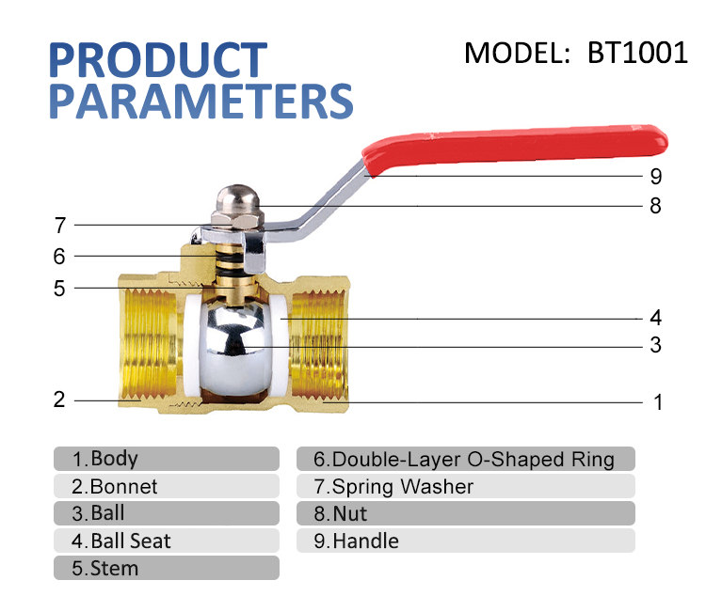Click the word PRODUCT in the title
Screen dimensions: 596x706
[x=157, y=59]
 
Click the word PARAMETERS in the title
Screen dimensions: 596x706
[x=201, y=102]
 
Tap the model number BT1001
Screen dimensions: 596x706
[x=637, y=53]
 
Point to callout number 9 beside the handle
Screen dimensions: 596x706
[x=656, y=177]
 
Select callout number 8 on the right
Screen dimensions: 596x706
[x=656, y=206]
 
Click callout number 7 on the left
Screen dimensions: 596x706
[x=59, y=226]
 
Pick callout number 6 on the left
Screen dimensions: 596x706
[x=59, y=256]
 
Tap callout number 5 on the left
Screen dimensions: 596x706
[x=59, y=289]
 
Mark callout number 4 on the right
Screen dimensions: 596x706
[x=656, y=318]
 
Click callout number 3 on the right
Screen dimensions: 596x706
[x=656, y=346]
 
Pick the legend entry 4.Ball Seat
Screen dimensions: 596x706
[x=121, y=541]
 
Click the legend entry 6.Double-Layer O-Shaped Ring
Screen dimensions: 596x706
[x=464, y=460]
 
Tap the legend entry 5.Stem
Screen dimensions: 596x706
[x=105, y=569]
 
